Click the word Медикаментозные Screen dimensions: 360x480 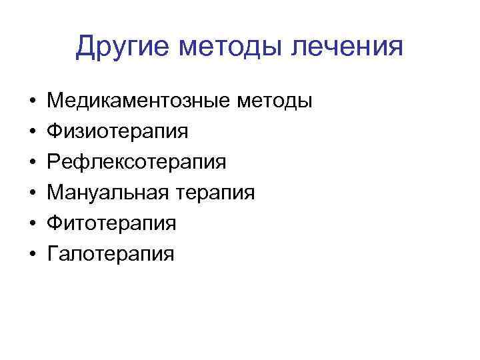coord(137,101)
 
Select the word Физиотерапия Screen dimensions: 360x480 coord(117,132)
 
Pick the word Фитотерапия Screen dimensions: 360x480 coord(112,223)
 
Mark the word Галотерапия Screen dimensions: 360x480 coord(110,254)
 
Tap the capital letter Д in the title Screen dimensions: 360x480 coord(86,47)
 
